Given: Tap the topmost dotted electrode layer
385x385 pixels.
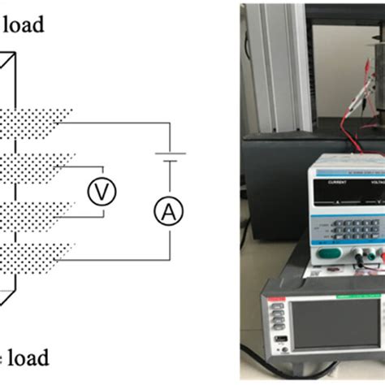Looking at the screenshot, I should coord(37,122).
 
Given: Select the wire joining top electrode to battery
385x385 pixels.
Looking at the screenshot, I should coord(122,123).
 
